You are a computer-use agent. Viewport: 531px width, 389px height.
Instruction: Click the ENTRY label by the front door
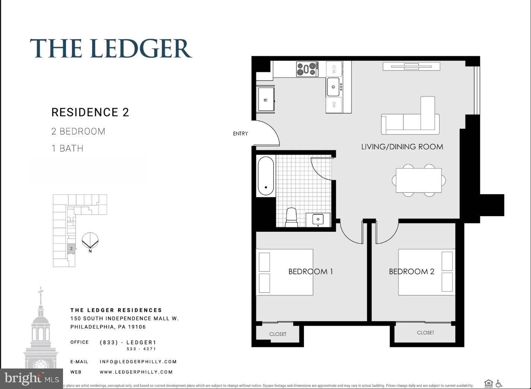(x=240, y=133)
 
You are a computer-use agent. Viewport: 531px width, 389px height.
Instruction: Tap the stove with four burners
(x=307, y=69)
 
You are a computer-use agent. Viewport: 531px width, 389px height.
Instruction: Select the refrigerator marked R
(x=266, y=99)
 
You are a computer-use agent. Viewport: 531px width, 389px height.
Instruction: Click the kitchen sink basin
(x=333, y=87)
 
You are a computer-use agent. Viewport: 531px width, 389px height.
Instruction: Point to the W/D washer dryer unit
(x=334, y=69)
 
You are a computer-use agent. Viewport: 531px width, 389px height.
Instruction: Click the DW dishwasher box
(x=334, y=105)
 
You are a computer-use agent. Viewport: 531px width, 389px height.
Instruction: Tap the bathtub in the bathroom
(x=265, y=176)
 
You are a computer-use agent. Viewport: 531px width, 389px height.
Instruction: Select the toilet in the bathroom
(x=291, y=217)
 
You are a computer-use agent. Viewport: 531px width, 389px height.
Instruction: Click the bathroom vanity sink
(x=318, y=219)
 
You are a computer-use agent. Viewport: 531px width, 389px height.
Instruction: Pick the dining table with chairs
(x=418, y=180)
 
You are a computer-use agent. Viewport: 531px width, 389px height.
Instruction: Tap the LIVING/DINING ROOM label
(x=402, y=147)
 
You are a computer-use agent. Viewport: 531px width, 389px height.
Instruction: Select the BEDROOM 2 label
(x=411, y=272)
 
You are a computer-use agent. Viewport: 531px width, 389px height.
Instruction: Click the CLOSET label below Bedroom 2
(x=425, y=333)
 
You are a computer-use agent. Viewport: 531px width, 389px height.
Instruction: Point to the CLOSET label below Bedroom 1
(x=277, y=334)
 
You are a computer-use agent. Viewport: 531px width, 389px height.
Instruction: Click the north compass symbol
(x=90, y=241)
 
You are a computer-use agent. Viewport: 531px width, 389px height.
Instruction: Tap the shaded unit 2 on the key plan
(x=71, y=249)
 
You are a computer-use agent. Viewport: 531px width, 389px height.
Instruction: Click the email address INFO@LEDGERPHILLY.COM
(x=138, y=361)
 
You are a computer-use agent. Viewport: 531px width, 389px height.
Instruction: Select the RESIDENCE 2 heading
(x=90, y=112)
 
